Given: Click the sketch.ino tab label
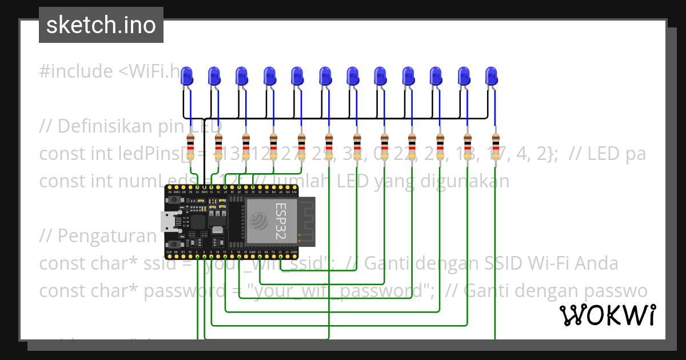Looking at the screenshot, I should pos(101,25).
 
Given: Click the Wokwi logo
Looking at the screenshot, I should pos(607,315).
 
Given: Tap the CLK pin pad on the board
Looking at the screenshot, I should pos(169,256).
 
